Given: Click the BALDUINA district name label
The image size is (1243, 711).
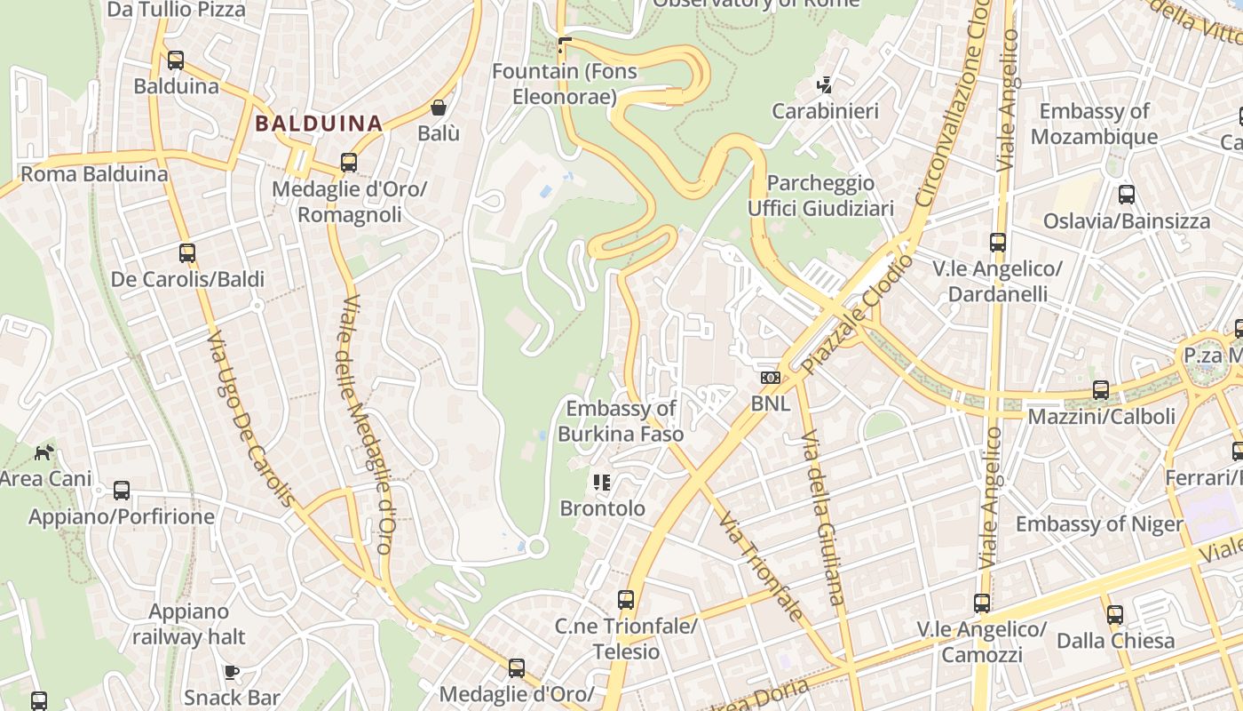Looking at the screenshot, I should (x=319, y=124).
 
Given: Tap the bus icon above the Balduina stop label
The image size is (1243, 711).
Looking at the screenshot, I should (x=176, y=60).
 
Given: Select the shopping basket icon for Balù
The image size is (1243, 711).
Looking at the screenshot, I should (x=439, y=108).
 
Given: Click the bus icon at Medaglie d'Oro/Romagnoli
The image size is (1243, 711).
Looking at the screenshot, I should (x=349, y=163).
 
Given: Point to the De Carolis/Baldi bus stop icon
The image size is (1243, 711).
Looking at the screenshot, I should (x=187, y=253).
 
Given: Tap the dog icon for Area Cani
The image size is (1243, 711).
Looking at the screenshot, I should (x=44, y=452).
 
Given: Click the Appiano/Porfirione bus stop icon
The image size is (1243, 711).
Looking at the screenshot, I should (x=122, y=491).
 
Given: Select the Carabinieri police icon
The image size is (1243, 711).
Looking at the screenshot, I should (x=825, y=85).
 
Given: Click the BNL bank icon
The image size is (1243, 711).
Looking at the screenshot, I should (x=770, y=378).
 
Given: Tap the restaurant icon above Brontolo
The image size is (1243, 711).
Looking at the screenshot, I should (x=602, y=483).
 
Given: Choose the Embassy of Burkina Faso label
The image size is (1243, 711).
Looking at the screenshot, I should (x=621, y=421).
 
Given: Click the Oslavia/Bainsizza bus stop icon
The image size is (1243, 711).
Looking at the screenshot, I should (x=1127, y=195).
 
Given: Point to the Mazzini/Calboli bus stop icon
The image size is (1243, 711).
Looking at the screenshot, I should (x=1101, y=390).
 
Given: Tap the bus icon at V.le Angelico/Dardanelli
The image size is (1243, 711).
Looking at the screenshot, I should (x=998, y=243).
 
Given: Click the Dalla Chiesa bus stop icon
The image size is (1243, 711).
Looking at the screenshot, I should (x=1115, y=615).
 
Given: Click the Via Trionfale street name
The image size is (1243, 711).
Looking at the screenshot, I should (x=761, y=565).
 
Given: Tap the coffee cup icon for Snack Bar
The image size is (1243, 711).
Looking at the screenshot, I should (x=232, y=672).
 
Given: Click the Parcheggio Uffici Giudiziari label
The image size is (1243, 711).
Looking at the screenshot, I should (x=820, y=196).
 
